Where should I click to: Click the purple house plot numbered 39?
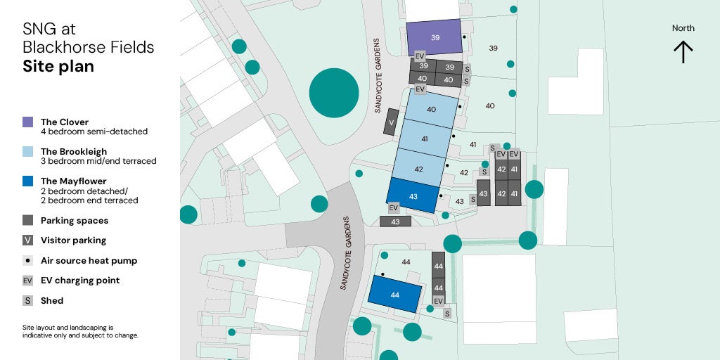click(435, 37)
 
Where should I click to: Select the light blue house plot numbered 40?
click(430, 110)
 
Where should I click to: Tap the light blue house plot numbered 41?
click(424, 139)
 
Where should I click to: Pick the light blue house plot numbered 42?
click(418, 169)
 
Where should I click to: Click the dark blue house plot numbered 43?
click(413, 196)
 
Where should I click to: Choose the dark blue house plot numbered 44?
click(394, 295)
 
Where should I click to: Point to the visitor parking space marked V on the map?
click(391, 125)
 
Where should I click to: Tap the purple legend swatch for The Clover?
click(28, 122)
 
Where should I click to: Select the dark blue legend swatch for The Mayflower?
click(28, 181)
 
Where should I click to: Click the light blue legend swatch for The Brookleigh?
click(28, 152)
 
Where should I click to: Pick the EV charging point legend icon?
click(28, 281)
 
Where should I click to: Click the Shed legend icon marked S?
click(28, 301)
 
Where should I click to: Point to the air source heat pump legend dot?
click(28, 261)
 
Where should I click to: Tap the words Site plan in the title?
click(58, 67)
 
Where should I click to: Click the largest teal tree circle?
click(334, 93)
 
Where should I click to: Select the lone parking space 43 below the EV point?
click(395, 221)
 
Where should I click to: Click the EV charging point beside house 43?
click(394, 207)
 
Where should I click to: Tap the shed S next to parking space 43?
click(473, 200)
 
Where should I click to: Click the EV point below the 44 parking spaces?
click(438, 301)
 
